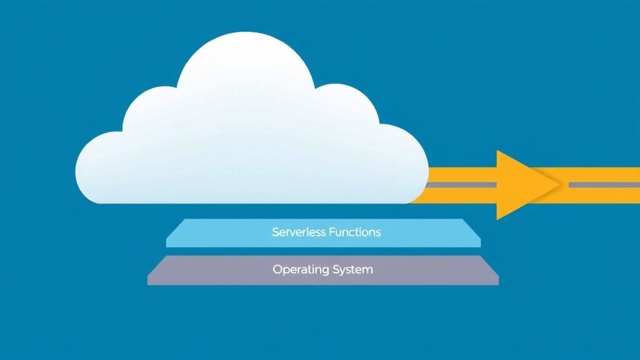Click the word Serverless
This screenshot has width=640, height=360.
[298, 232]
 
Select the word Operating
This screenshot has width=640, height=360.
[300, 270]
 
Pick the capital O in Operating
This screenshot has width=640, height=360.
[277, 269]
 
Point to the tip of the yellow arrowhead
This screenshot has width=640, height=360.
[558, 185]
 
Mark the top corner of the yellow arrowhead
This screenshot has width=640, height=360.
[498, 152]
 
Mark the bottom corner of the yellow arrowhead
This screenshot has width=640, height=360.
[498, 218]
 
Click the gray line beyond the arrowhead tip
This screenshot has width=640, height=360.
[603, 185]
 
